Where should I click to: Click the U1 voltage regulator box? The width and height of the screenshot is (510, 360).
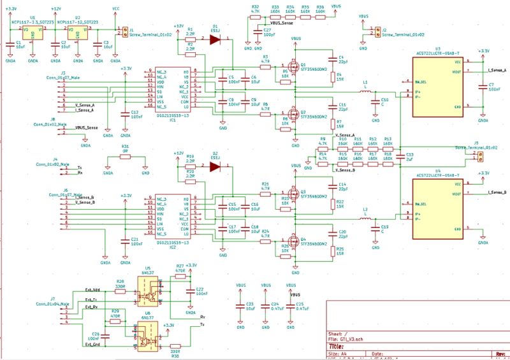point(33,32)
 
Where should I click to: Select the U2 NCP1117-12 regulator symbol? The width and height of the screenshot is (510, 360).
point(77,32)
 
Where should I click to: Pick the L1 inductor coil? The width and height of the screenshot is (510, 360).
point(366,92)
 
